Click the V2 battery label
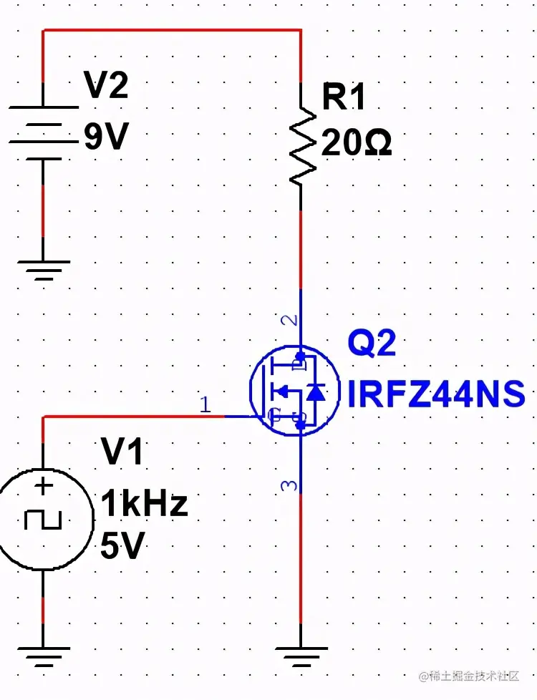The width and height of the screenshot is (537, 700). click(106, 87)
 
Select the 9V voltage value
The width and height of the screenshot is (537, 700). click(106, 137)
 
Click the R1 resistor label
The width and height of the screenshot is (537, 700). click(344, 97)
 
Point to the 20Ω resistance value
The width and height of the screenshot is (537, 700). click(356, 143)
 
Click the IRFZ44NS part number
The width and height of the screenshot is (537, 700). click(436, 394)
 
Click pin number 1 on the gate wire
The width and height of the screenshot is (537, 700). click(205, 406)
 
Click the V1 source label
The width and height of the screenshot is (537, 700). click(122, 452)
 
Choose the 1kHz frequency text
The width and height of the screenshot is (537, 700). click(144, 504)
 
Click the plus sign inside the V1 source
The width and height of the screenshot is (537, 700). click(44, 487)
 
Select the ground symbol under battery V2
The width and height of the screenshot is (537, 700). click(43, 268)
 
